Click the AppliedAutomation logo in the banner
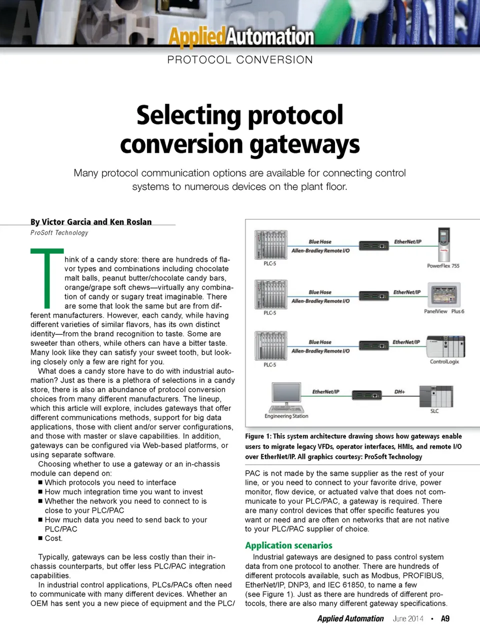point(241,36)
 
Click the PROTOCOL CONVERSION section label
point(240,60)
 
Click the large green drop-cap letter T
point(47,278)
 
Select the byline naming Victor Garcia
point(91,222)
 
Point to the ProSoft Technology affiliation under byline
point(59,233)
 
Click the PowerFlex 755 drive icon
point(443,245)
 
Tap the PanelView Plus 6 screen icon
point(443,295)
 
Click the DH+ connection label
point(399,392)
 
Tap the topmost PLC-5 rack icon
point(270,244)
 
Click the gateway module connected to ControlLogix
point(373,346)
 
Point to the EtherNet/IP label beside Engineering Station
point(325,392)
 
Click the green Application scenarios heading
point(288,546)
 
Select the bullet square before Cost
point(40,538)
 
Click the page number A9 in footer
point(445,619)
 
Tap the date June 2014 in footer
point(408,619)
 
